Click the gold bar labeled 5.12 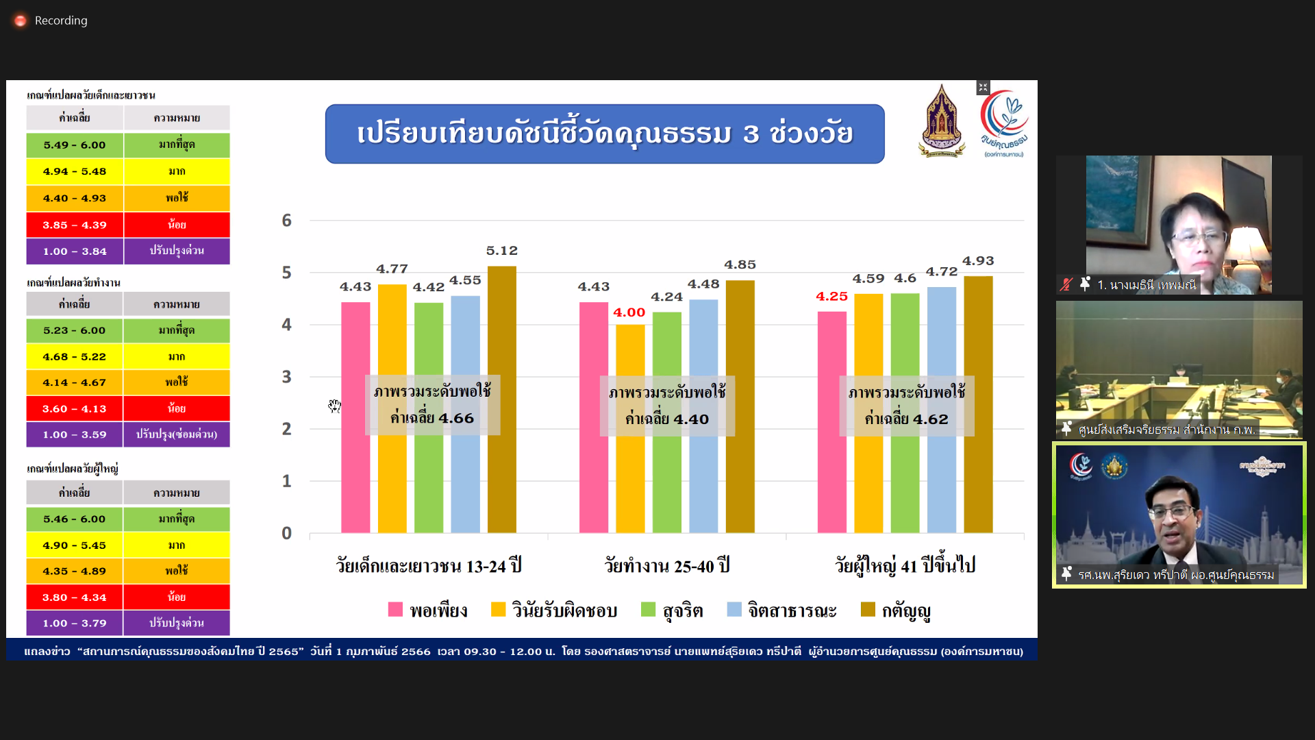tap(502, 399)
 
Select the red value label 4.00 tap(629, 312)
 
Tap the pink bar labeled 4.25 tap(831, 422)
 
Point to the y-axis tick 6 tap(286, 221)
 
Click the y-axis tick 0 tap(286, 533)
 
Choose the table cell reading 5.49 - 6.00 tap(75, 145)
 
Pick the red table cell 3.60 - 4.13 tap(75, 409)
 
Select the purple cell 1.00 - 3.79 tap(75, 624)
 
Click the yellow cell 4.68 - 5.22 tap(75, 357)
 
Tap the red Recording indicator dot tap(21, 21)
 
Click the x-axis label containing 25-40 tap(667, 566)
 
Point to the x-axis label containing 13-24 tap(429, 566)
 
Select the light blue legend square tap(734, 609)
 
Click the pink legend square tap(395, 609)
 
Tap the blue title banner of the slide tap(605, 134)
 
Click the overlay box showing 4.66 tap(432, 405)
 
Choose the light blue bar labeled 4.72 tap(942, 410)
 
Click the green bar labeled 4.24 tap(667, 422)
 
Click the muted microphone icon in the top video tap(1066, 284)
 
